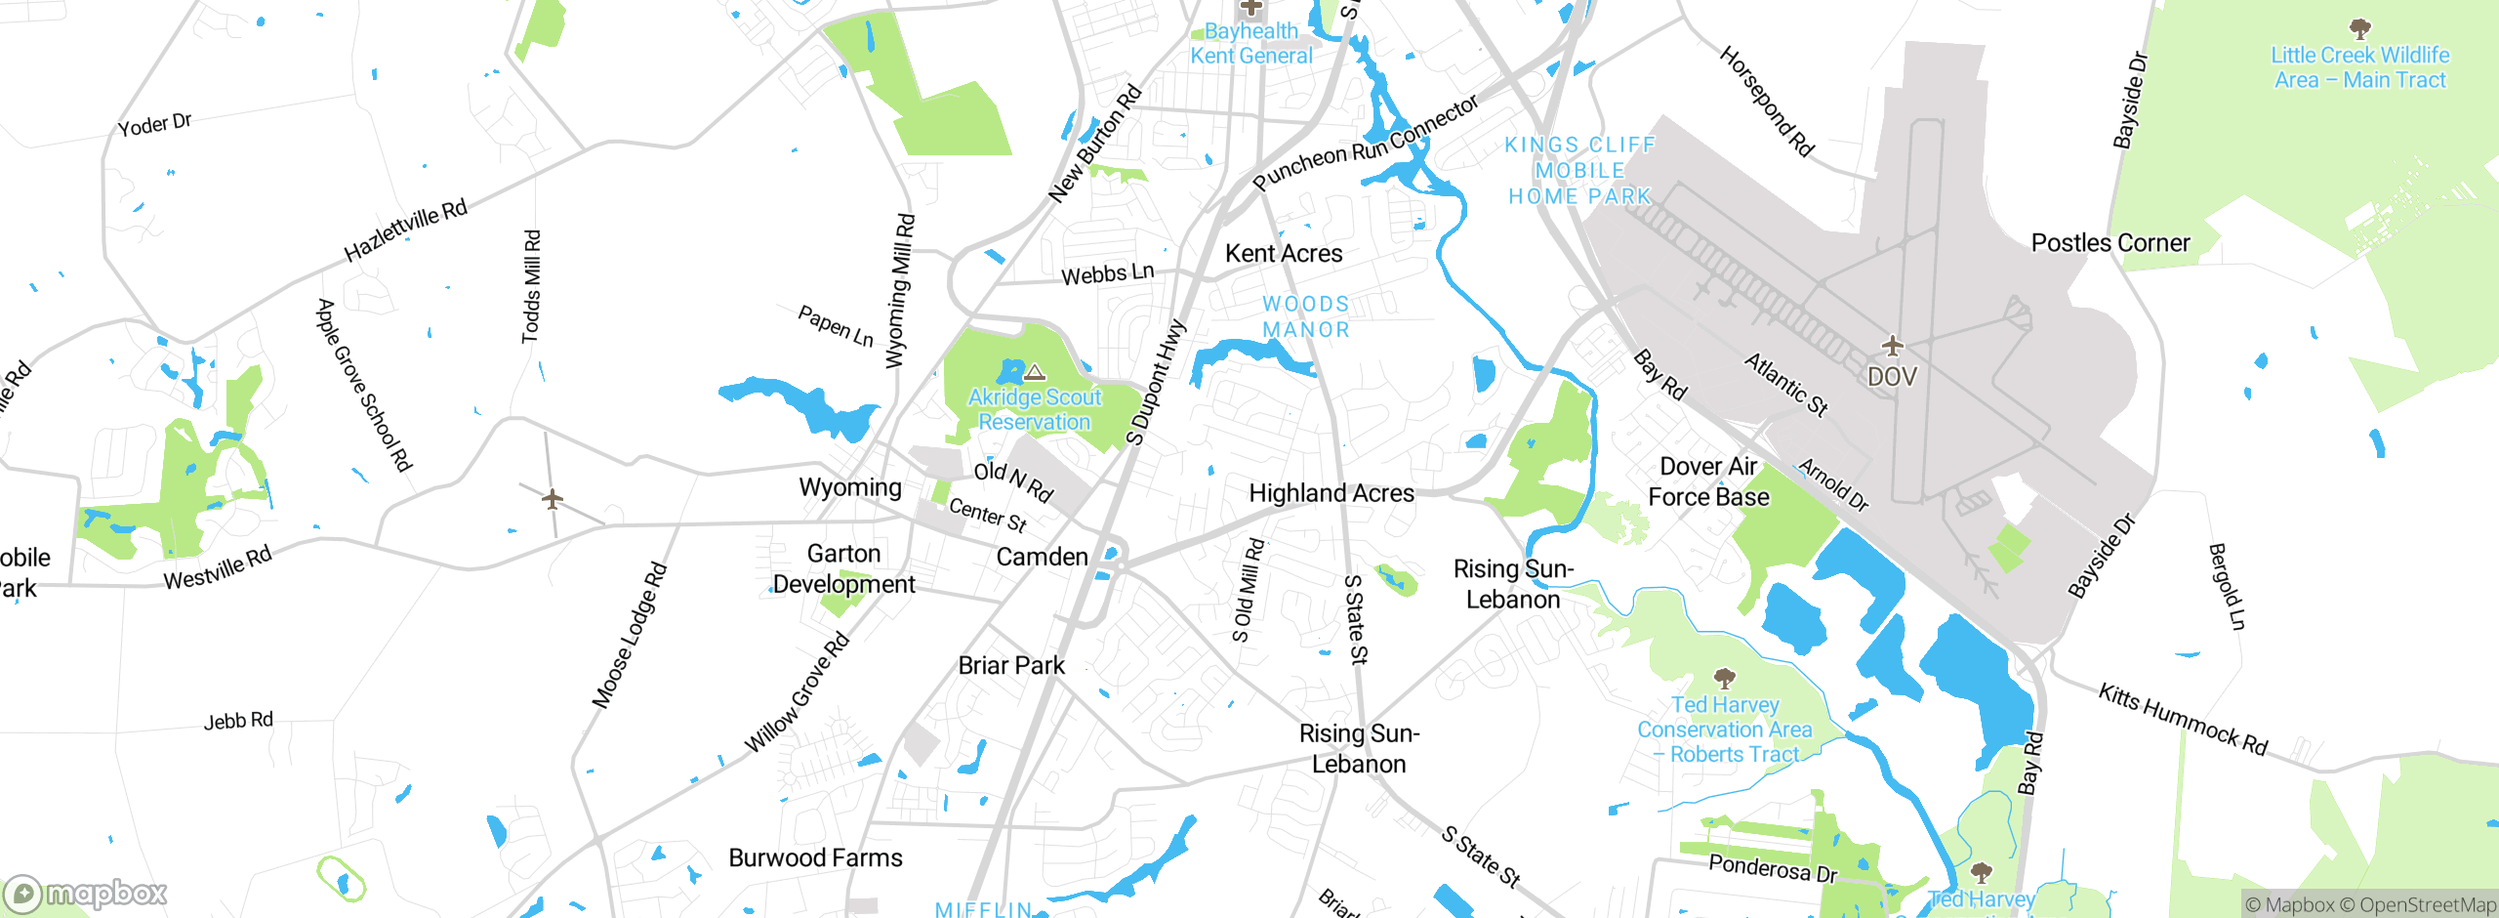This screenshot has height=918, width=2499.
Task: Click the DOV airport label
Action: (1892, 377)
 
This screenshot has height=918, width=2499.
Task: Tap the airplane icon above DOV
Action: (1892, 346)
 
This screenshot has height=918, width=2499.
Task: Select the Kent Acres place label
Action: (1284, 254)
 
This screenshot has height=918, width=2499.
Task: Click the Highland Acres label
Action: (1331, 494)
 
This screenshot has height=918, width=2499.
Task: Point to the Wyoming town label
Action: (850, 487)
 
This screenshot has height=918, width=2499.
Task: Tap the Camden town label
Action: (1042, 558)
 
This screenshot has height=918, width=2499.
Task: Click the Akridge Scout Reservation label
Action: (1035, 410)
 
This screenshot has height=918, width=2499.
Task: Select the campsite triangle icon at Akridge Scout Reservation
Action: (1035, 373)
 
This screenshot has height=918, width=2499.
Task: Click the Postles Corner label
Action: (2110, 243)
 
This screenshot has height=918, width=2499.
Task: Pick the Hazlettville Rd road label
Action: (406, 230)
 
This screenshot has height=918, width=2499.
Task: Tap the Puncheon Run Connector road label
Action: (1366, 144)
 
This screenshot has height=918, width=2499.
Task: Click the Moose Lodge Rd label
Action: (630, 635)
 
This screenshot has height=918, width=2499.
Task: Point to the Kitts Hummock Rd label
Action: (2183, 720)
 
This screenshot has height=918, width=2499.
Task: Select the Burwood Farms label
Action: (815, 858)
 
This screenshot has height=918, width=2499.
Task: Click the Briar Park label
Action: (1011, 666)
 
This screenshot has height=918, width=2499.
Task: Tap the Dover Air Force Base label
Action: (1708, 482)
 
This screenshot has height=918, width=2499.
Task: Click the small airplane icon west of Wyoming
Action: (553, 499)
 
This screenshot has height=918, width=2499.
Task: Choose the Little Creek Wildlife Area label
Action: (2359, 68)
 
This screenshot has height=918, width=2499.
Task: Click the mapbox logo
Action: (86, 894)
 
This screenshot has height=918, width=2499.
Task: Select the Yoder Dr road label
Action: (154, 125)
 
